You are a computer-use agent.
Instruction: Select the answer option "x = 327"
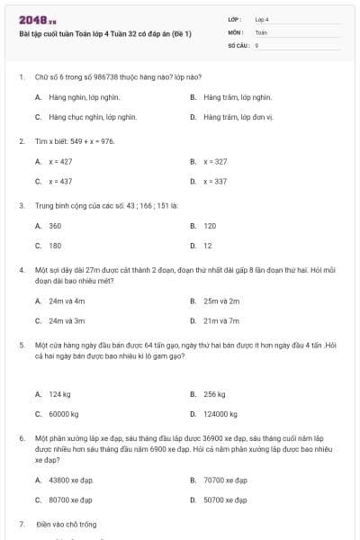pyautogui.click(x=215, y=161)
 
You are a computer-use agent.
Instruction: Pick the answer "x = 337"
pyautogui.click(x=215, y=181)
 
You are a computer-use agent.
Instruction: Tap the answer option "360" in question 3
pyautogui.click(x=55, y=226)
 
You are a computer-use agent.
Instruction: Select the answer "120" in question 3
pyautogui.click(x=210, y=226)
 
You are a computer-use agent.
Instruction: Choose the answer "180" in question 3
pyautogui.click(x=55, y=245)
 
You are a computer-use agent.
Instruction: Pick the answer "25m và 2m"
pyautogui.click(x=221, y=301)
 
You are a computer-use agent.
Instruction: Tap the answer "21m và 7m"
pyautogui.click(x=221, y=320)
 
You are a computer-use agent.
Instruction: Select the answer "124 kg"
pyautogui.click(x=60, y=394)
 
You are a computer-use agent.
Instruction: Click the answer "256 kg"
pyautogui.click(x=214, y=394)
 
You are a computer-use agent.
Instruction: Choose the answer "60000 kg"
pyautogui.click(x=64, y=414)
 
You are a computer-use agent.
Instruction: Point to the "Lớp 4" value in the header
pyautogui.click(x=262, y=19)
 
